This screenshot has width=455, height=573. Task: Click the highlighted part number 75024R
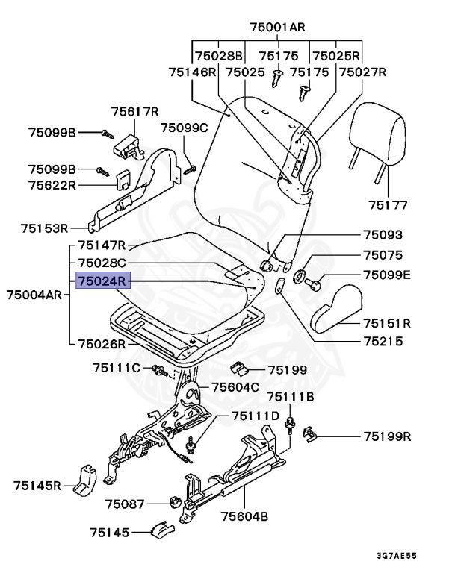pos(103,282)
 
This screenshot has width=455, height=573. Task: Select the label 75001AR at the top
pos(277,27)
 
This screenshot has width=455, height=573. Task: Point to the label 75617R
pos(135,112)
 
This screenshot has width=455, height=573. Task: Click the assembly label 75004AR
pos(34,294)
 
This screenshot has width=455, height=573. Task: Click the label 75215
pos(383,342)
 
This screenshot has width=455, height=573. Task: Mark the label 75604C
pos(235,386)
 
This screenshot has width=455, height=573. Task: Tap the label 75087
pos(124,504)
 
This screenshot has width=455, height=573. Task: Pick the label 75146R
pos(192,72)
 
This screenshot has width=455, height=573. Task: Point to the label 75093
pos(383,234)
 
